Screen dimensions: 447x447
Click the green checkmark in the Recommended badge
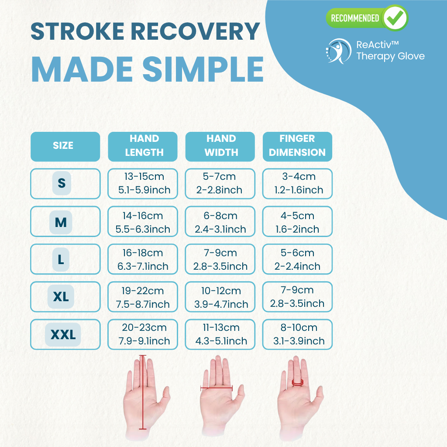pyautogui.click(x=395, y=17)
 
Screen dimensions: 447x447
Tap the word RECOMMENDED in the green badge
pyautogui.click(x=354, y=18)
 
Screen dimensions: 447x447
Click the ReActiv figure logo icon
pyautogui.click(x=338, y=51)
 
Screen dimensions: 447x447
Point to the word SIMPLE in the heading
pyautogui.click(x=203, y=69)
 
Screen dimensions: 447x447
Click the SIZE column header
pyautogui.click(x=65, y=147)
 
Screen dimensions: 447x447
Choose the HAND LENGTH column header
pyautogui.click(x=143, y=147)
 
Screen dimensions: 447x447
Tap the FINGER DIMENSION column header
pyautogui.click(x=297, y=147)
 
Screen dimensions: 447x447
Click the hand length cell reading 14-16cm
pyautogui.click(x=143, y=221)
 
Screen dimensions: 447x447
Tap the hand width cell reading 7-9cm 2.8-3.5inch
pyautogui.click(x=220, y=259)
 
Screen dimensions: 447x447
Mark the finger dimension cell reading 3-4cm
pyautogui.click(x=297, y=184)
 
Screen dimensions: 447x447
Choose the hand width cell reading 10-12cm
pyautogui.click(x=220, y=297)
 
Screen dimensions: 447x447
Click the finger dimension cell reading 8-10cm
pyautogui.click(x=297, y=334)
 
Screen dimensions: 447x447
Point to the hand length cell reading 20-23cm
pyautogui.click(x=143, y=334)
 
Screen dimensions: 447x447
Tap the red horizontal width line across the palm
pyautogui.click(x=217, y=388)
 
